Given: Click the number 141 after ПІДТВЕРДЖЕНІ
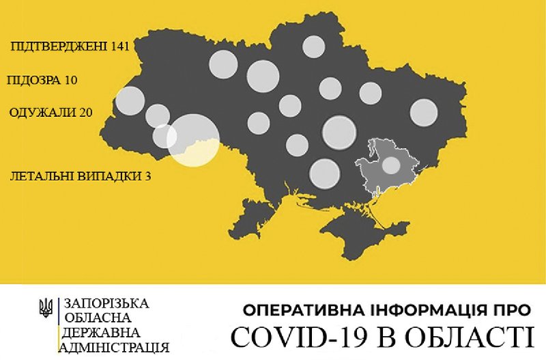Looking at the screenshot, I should pos(116,46).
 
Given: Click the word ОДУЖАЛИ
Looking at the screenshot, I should pos(42,111).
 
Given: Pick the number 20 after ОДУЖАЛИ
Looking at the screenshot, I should pos(85,111).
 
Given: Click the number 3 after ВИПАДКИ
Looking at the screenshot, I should pos(147,176).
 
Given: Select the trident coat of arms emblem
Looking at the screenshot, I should pos(47,309).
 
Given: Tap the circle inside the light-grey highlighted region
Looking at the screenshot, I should pos(390,165).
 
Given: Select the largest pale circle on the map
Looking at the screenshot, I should pos(193,140).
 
